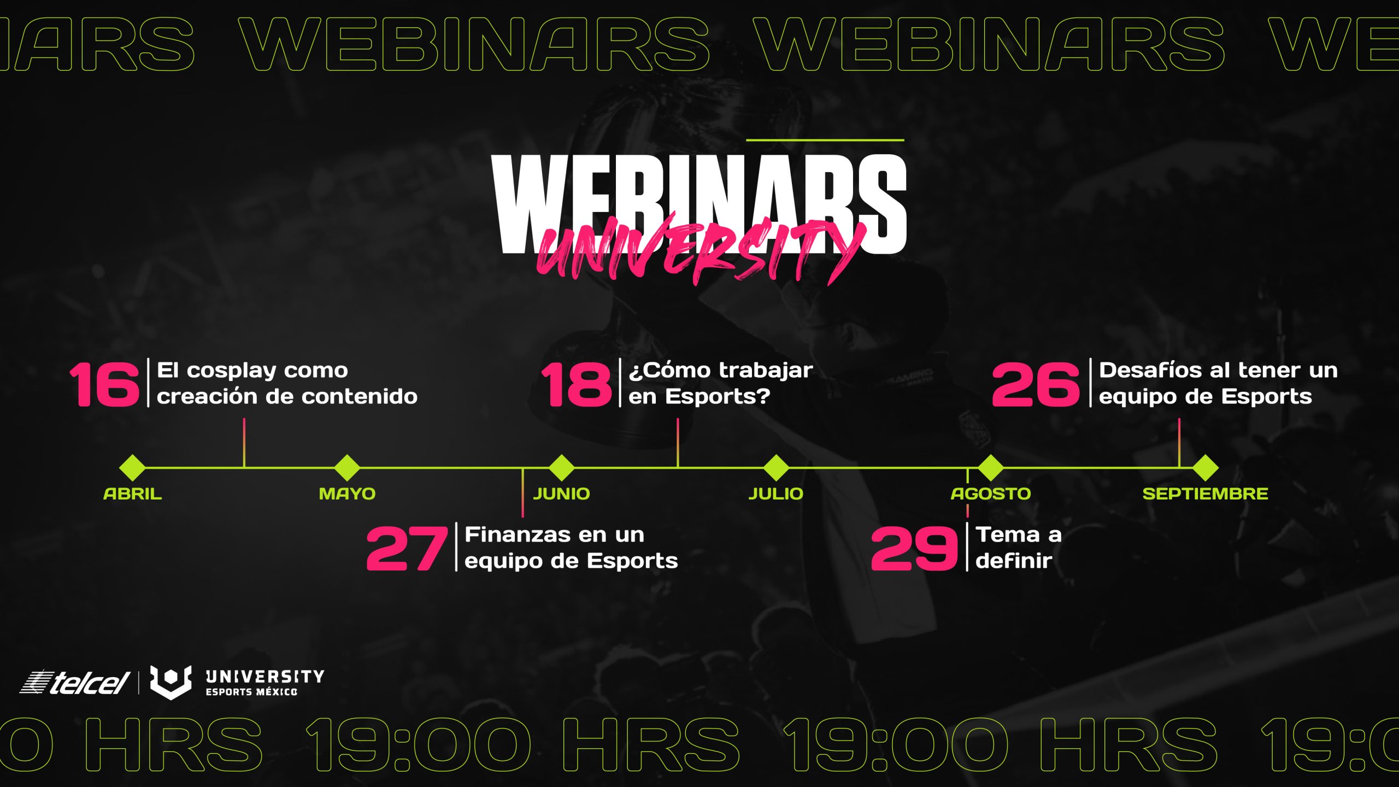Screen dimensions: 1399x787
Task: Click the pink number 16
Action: click(104, 384)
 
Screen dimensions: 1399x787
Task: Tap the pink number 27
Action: click(407, 548)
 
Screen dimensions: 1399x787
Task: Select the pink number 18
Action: click(577, 384)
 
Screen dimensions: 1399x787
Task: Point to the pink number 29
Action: click(914, 548)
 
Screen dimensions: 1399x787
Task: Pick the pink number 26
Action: click(1036, 384)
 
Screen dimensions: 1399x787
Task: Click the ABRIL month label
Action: click(133, 494)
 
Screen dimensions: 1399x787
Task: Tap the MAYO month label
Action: click(348, 494)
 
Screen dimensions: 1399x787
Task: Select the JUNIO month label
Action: click(562, 494)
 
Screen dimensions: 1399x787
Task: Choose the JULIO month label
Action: click(776, 494)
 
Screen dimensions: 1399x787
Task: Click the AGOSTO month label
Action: click(991, 494)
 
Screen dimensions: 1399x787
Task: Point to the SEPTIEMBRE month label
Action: click(1205, 494)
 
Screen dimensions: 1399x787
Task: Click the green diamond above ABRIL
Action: click(133, 468)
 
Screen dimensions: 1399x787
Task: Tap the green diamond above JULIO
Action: click(776, 468)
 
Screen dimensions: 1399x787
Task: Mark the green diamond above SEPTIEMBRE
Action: click(1205, 468)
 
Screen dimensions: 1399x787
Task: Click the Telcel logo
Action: click(74, 683)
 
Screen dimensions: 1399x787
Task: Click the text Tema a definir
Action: click(1019, 547)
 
